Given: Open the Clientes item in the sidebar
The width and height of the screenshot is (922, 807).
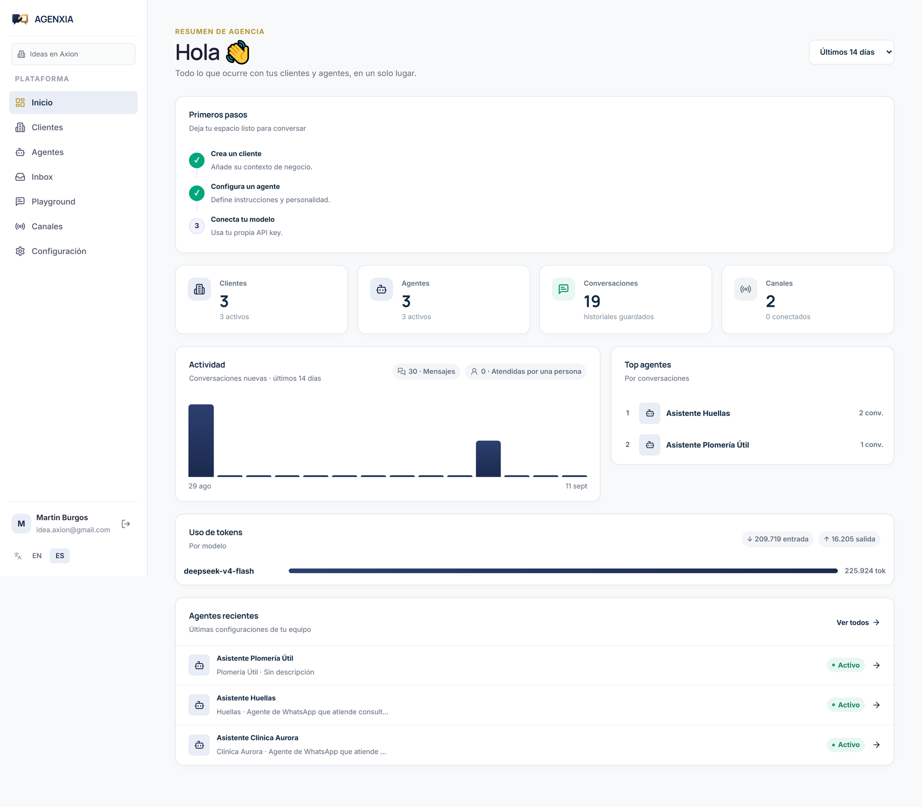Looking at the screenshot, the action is tap(47, 128).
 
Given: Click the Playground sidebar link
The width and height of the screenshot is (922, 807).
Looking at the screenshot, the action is tap(53, 202).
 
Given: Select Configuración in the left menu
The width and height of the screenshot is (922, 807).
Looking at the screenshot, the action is tap(59, 251).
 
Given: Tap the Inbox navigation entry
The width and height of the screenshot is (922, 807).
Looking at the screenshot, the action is tap(42, 177).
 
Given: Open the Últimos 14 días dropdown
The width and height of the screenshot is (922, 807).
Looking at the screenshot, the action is tap(851, 52).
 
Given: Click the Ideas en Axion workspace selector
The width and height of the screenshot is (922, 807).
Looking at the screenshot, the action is tap(73, 54).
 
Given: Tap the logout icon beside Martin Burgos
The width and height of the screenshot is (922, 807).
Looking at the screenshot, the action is tap(126, 524).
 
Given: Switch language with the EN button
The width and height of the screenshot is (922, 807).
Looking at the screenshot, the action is tap(37, 556).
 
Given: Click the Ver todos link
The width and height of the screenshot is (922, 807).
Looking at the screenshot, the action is tap(858, 623).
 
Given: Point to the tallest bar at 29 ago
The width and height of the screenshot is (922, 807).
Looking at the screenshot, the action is tap(201, 441).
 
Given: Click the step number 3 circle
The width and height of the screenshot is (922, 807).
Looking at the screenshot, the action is tap(197, 226).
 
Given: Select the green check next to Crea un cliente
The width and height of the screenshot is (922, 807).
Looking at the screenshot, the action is tap(197, 160).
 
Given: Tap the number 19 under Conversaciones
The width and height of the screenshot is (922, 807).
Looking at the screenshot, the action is tap(592, 302).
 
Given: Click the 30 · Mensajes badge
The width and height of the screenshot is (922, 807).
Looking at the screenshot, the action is tap(427, 372).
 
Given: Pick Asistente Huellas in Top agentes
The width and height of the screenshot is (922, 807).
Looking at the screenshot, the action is tap(698, 413).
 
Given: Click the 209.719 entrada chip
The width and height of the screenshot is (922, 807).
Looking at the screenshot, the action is tap(778, 539).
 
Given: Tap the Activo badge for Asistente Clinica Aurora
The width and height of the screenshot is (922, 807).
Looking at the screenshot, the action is tap(846, 745).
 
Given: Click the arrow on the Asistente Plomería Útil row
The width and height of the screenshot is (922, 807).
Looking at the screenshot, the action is tap(876, 665).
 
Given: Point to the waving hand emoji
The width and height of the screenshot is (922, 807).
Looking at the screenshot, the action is tap(238, 53).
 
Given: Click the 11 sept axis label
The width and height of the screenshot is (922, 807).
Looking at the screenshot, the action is tap(576, 486).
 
